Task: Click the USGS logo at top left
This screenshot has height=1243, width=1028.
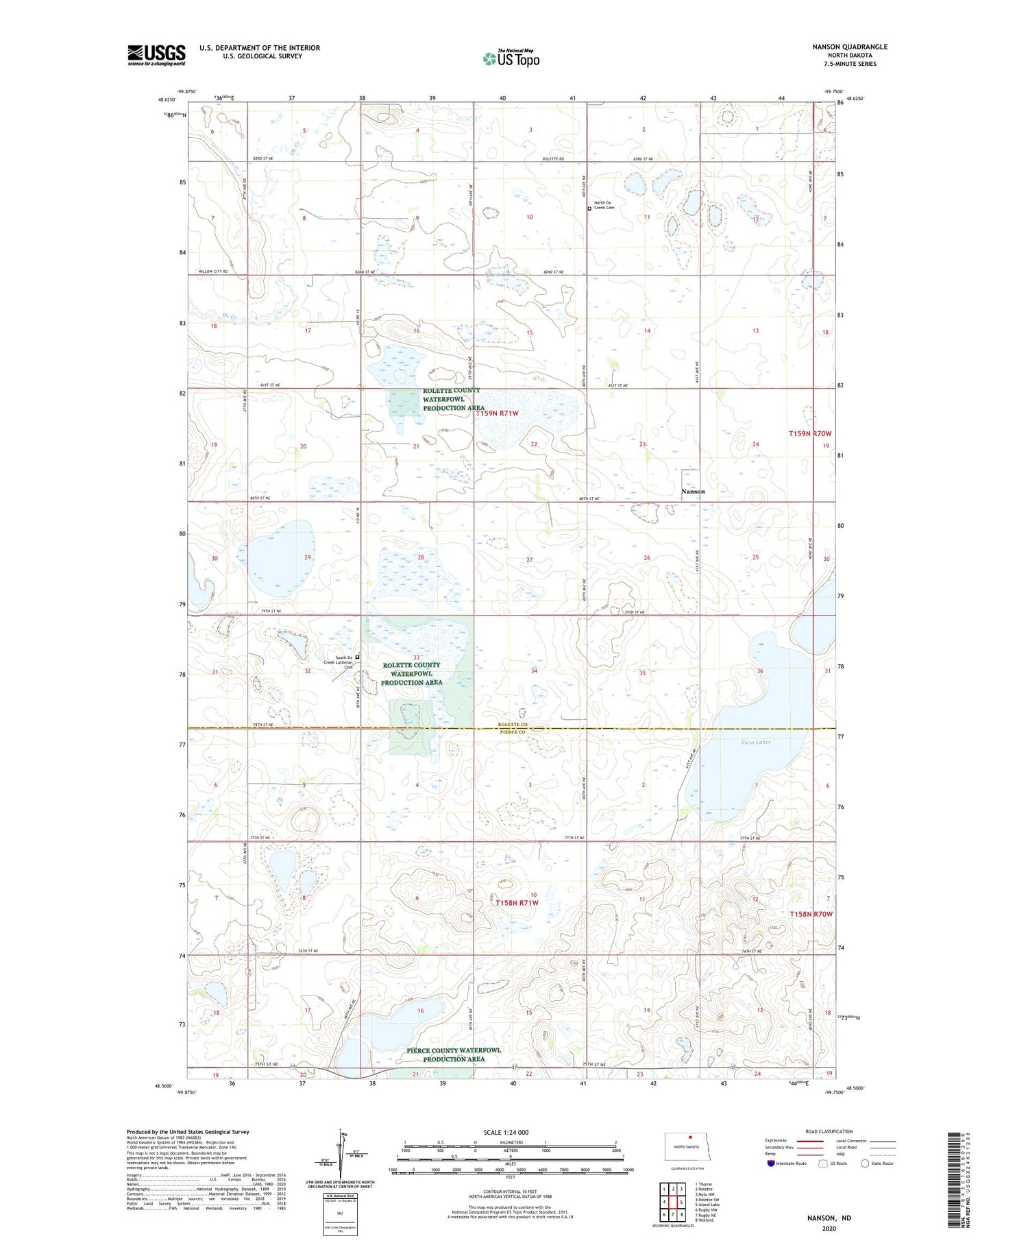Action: point(156,55)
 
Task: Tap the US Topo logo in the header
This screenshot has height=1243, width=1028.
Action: point(511,59)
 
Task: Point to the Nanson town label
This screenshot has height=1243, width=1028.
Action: point(692,492)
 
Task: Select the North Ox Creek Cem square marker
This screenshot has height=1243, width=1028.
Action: point(589,208)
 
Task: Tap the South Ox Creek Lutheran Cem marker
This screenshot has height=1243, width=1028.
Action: point(357,657)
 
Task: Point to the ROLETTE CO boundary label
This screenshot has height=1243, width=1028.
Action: point(513,725)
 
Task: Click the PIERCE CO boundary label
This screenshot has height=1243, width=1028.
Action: point(512,732)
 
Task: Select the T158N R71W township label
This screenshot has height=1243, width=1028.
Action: point(517,903)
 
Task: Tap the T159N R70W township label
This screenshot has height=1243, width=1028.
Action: point(809,434)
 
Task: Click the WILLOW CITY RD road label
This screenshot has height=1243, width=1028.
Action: point(213,272)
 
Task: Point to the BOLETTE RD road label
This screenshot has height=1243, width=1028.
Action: point(552,159)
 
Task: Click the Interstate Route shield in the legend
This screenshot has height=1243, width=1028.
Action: point(771,1163)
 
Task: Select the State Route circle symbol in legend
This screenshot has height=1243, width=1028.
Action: point(865,1163)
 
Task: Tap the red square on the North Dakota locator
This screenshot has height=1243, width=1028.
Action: point(691,1140)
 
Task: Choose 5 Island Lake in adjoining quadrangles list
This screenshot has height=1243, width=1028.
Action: point(707,1204)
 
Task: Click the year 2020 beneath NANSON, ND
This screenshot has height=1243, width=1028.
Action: point(829,1229)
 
